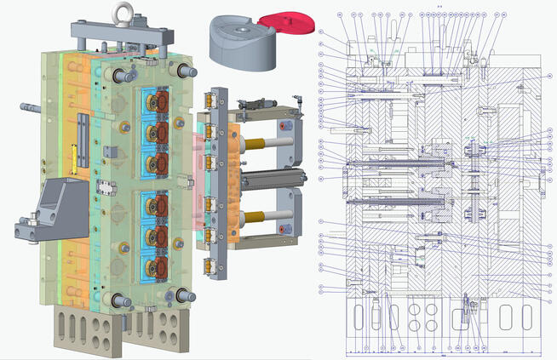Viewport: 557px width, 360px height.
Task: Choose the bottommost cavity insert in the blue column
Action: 157,265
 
